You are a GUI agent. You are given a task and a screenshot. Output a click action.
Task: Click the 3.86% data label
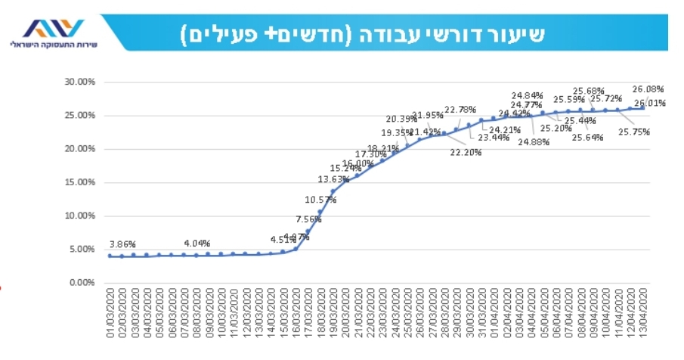click(x=122, y=244)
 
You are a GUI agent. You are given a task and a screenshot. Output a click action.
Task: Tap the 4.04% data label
click(x=197, y=244)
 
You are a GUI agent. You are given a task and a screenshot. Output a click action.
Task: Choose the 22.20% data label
click(x=466, y=152)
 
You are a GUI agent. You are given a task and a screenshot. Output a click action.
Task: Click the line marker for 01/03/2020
click(x=110, y=256)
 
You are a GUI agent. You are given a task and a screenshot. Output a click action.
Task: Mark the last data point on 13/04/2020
click(x=643, y=107)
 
